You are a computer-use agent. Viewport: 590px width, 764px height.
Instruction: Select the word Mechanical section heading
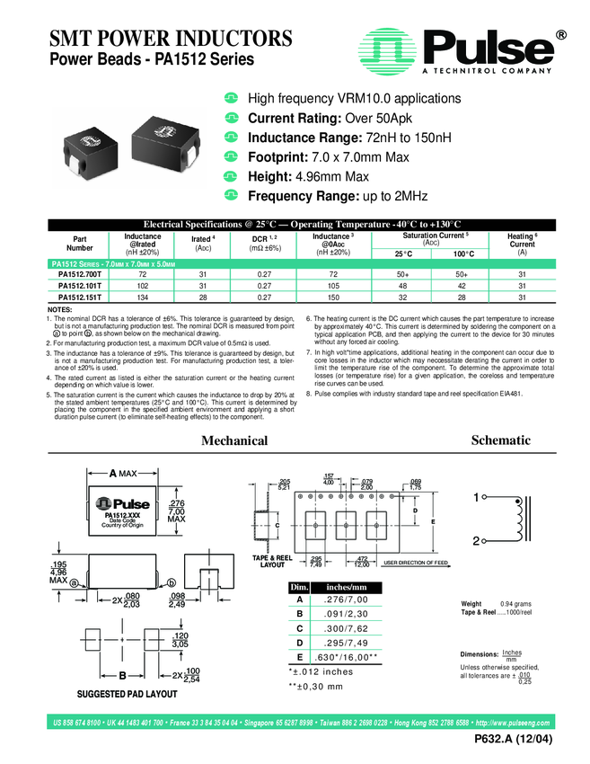click(233, 440)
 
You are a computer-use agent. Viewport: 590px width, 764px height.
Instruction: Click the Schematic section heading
click(500, 440)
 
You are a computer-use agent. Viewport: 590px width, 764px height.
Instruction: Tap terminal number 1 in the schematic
click(476, 497)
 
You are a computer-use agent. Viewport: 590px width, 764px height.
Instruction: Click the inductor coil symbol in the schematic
click(518, 520)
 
